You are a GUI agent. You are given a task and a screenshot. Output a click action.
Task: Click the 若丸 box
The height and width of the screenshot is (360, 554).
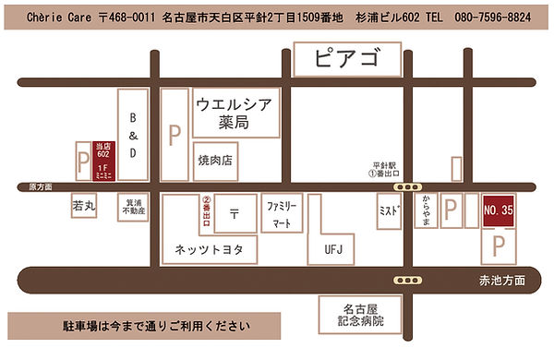click(x=84, y=209)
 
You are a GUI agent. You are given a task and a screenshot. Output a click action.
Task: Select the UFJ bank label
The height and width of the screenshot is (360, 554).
click(x=332, y=248)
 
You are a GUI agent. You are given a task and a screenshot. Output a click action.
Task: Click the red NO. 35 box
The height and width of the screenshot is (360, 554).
click(x=498, y=211)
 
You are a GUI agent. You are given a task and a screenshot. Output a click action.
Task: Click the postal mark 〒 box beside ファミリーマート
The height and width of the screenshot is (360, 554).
click(x=235, y=213)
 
